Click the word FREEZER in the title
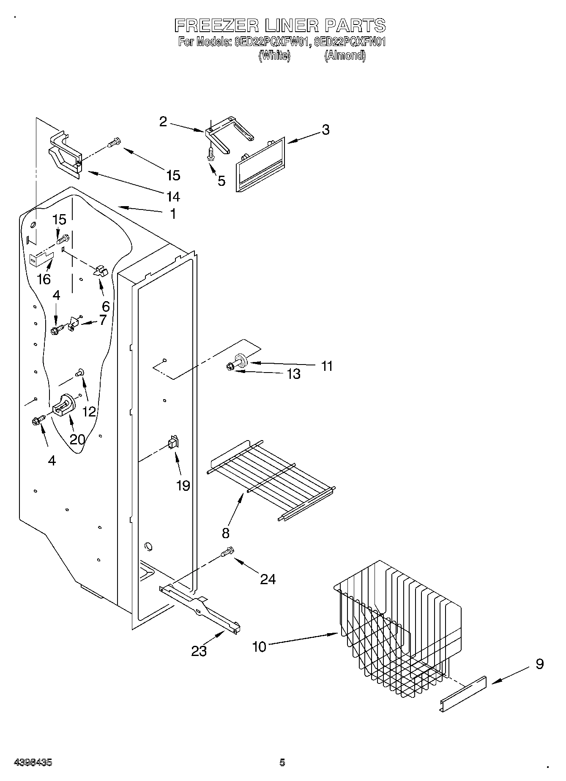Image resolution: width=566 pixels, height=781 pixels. (x=216, y=26)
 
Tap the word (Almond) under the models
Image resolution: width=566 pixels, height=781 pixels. (x=345, y=56)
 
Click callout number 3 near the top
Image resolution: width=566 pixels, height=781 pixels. (x=325, y=130)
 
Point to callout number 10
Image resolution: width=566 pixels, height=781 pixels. (x=259, y=646)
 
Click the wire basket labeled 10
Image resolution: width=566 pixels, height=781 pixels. (x=397, y=629)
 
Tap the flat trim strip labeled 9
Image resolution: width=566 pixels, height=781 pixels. (x=463, y=695)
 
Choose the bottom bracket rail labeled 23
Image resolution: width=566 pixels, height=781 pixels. (x=201, y=608)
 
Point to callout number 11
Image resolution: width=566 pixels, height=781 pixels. (x=327, y=366)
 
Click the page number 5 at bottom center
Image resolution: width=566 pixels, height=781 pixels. (x=282, y=762)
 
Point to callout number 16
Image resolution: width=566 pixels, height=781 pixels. (x=44, y=279)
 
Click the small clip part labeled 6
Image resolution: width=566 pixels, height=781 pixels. (x=101, y=271)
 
